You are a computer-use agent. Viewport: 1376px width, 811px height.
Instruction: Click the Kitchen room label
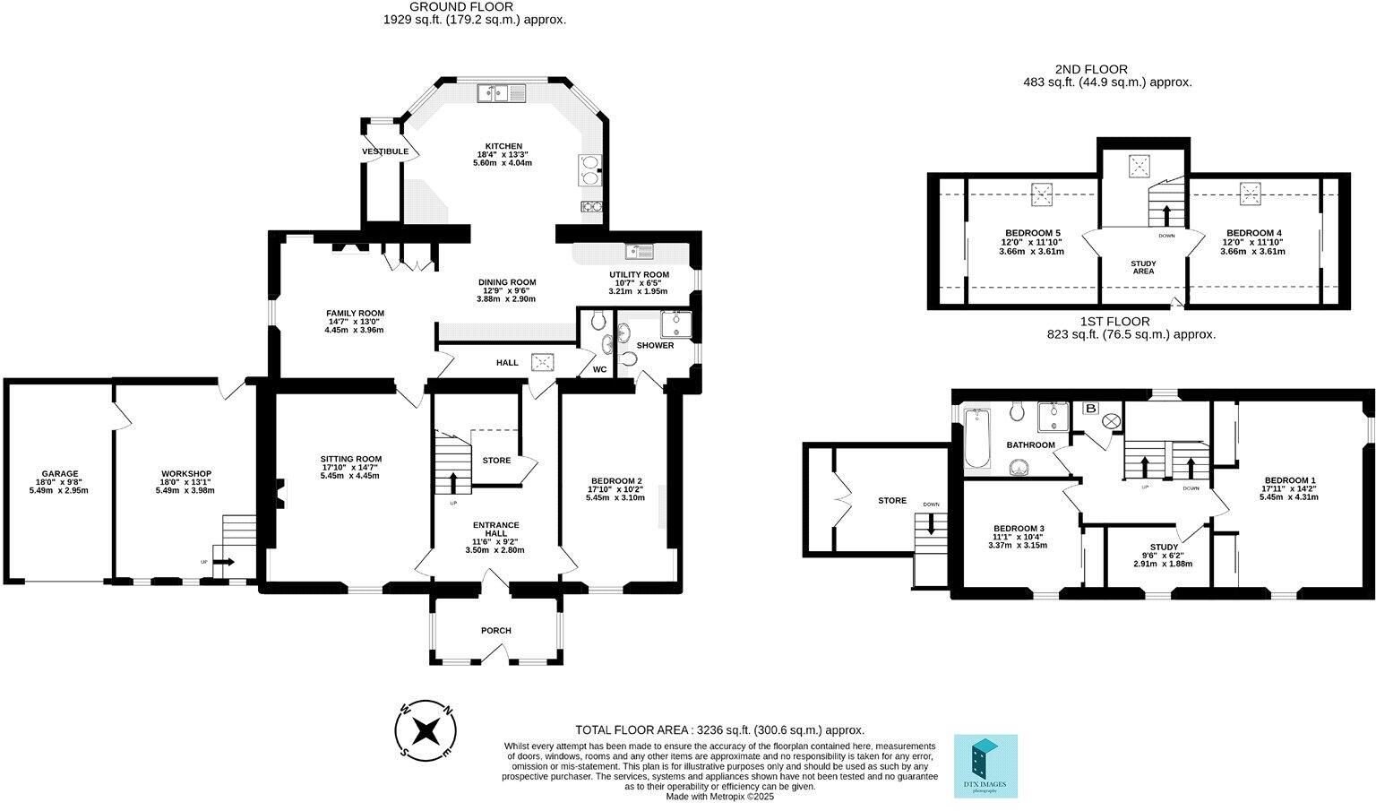point(503,146)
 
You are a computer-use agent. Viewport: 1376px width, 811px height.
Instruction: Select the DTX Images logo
point(985,766)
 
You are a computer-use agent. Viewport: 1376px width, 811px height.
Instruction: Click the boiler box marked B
point(1091,408)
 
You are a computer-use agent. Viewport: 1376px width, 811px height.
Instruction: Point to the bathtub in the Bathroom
point(976,439)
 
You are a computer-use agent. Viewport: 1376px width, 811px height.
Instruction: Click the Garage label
point(60,474)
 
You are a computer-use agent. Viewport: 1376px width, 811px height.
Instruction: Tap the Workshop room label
point(185,474)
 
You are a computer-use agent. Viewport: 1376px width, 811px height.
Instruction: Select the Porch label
point(495,630)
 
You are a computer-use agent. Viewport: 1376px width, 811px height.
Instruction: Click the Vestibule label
point(385,151)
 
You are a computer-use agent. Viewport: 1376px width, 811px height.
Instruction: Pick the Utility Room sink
point(640,251)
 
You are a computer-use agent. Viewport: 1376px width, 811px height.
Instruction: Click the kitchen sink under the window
point(502,93)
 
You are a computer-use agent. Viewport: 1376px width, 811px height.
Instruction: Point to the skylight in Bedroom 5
point(1042,194)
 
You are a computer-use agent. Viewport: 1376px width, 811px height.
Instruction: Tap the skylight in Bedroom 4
point(1250,193)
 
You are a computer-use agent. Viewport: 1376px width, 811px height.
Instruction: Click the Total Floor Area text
point(720,729)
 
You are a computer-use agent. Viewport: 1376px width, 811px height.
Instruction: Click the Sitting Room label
point(351,459)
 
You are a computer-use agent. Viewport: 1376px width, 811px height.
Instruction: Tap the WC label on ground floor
point(599,369)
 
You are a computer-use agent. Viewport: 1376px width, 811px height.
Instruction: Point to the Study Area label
point(1143,267)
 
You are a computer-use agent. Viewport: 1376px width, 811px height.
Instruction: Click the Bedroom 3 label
point(1019,529)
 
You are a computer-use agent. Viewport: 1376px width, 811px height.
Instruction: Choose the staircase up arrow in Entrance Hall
point(453,483)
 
